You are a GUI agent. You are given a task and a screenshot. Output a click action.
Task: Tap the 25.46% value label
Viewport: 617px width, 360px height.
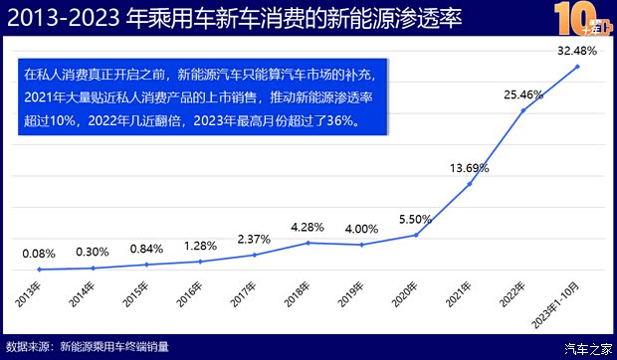click(x=523, y=95)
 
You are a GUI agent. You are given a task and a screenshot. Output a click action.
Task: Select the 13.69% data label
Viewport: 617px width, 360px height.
click(x=470, y=167)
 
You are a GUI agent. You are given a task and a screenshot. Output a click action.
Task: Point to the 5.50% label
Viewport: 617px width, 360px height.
click(x=415, y=220)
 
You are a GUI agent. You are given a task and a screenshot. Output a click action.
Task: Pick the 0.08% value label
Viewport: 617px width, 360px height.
click(x=39, y=254)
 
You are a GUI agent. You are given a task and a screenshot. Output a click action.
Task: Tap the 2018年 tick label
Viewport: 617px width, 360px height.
click(x=300, y=295)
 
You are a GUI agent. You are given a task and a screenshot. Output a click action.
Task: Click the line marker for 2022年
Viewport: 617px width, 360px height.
click(x=523, y=109)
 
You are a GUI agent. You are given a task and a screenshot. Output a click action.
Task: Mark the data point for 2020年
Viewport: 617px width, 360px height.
click(x=416, y=235)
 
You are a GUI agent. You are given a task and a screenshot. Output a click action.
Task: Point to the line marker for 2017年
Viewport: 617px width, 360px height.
click(x=255, y=255)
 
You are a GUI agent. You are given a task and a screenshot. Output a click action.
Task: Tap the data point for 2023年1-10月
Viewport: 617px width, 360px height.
click(x=577, y=66)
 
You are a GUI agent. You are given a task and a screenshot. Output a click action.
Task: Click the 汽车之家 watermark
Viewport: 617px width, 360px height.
click(x=587, y=347)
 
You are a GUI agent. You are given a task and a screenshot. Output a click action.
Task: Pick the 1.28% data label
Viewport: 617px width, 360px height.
click(x=200, y=246)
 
